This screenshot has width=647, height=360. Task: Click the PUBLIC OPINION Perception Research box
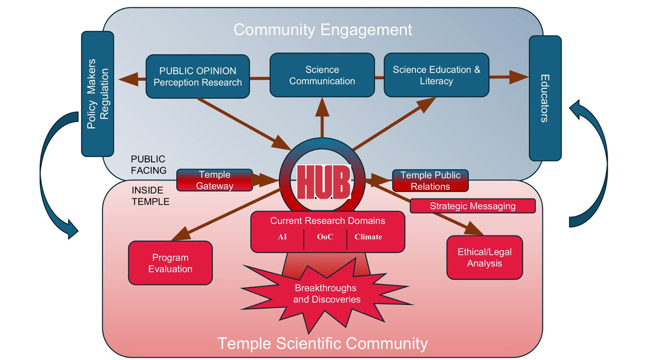198,77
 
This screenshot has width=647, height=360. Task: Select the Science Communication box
322,75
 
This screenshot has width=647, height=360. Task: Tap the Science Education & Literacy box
436,75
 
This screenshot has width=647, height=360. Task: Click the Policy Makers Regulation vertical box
98,94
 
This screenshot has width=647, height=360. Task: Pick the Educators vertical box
545,98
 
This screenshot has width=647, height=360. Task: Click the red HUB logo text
323,182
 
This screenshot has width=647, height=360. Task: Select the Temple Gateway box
215,180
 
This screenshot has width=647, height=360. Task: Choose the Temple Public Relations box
430,181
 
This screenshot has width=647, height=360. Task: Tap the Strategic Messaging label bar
472,206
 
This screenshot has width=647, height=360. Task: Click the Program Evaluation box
170,263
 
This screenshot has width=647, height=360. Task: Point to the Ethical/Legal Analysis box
484,258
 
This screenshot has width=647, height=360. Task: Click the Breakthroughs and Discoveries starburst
327,294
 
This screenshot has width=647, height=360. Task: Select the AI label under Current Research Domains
282,237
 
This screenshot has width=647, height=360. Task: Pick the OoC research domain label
325,237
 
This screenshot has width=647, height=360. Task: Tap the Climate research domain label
368,237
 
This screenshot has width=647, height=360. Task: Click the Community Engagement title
322,30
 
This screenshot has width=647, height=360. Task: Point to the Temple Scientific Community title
322,343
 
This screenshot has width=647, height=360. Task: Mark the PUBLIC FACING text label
149,164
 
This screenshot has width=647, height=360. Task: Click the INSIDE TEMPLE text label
150,196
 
